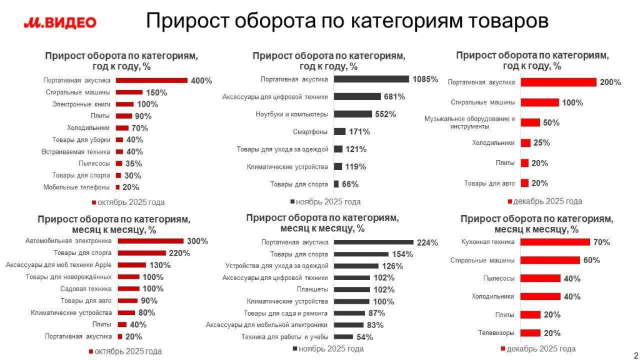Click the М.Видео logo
coord(60,23)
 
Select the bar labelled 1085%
coord(371,79)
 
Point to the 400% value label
coord(201,81)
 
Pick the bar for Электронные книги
coord(125,104)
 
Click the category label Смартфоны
coord(311,132)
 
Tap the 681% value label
coord(394,97)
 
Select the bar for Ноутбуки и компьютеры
coord(352,114)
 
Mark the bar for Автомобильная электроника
coord(150,241)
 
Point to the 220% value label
coord(179,253)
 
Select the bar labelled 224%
coord(374,242)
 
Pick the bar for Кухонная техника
coord(555,242)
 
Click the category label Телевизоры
coord(496,333)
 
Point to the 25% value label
coord(541,142)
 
